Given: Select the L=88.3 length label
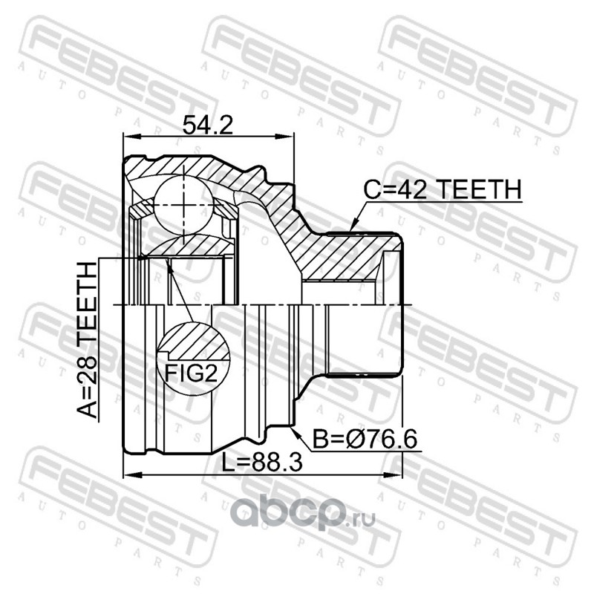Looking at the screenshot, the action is (x=262, y=462).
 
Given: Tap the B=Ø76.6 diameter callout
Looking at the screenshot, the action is (x=365, y=439).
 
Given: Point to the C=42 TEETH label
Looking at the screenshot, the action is (x=442, y=189).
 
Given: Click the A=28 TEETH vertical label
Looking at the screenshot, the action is (x=88, y=340).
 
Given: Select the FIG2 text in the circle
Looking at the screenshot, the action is (x=192, y=373).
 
